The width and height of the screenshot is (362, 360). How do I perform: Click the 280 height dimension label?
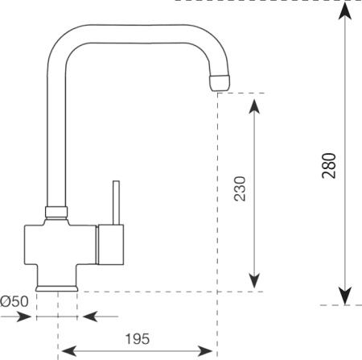(329, 166)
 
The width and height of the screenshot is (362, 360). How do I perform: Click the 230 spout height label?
(240, 188)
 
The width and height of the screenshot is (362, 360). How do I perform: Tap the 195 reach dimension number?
(138, 339)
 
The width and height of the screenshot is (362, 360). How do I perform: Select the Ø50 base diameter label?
(14, 301)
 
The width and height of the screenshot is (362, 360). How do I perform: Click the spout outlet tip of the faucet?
(220, 83)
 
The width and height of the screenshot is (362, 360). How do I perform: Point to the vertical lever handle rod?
(116, 202)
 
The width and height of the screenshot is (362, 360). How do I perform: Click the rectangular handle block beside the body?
(110, 245)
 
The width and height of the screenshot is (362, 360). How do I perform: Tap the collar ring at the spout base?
(56, 212)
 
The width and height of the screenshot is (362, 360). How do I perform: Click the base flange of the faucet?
(57, 288)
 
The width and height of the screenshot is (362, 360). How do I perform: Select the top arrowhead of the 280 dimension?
(345, 11)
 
